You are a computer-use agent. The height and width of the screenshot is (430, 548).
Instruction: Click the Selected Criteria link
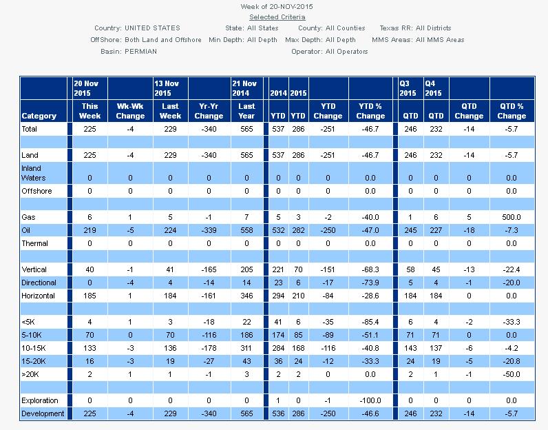[x=277, y=17]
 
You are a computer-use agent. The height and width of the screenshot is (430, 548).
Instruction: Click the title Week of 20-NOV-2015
[x=277, y=6]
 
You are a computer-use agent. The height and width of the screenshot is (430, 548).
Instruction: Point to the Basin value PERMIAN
[x=141, y=51]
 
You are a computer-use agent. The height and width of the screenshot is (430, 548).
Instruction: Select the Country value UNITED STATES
[x=152, y=28]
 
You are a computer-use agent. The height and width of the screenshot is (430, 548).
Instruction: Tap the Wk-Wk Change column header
[x=131, y=111]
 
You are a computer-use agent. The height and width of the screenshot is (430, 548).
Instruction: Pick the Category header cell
[x=39, y=116]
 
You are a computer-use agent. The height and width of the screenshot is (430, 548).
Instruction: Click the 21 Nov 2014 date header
[x=247, y=88]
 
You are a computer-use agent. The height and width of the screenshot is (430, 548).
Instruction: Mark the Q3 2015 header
[x=409, y=88]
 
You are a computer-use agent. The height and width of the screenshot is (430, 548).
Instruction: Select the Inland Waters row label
[x=32, y=172]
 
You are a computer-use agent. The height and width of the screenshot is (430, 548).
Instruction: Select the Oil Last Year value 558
[x=247, y=230]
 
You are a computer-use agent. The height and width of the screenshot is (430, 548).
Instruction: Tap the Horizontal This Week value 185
[x=90, y=295]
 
